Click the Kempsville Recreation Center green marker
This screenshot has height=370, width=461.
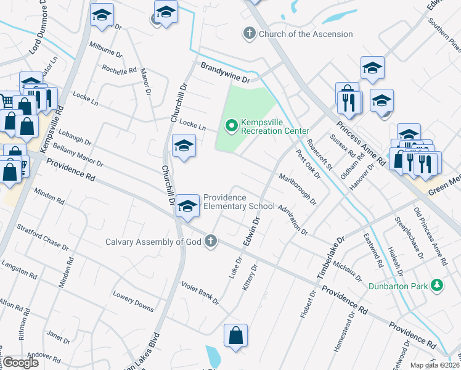(232, 126)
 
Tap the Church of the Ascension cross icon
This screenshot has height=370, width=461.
(250, 33)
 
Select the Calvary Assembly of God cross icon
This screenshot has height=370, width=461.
(211, 241)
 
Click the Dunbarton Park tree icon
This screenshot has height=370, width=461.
(437, 285)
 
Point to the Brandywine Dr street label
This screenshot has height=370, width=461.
(224, 72)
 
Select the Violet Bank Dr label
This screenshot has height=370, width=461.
(200, 292)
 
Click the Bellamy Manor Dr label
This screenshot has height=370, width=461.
(78, 157)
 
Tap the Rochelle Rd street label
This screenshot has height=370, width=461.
(120, 70)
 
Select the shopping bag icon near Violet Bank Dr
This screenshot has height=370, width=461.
(235, 337)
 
